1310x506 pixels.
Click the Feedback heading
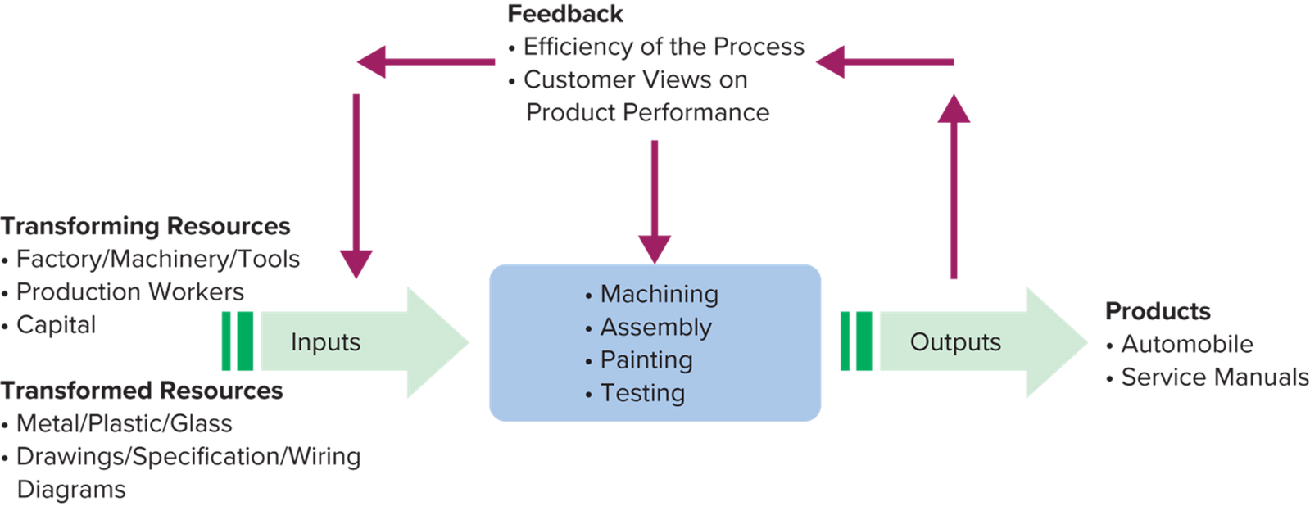(565, 15)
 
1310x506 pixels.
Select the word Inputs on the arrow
(325, 341)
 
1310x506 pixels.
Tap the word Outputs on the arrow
(955, 341)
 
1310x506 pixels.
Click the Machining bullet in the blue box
(659, 294)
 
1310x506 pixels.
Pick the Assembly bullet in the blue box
(655, 328)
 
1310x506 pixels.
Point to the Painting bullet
(646, 360)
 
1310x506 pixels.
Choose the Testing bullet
(642, 393)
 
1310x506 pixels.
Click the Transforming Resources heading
(146, 226)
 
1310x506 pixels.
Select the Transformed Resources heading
(142, 391)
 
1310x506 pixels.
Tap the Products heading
(1157, 311)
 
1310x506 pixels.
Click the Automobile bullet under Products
(1186, 344)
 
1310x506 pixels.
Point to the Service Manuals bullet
(1214, 377)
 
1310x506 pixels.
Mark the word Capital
(56, 325)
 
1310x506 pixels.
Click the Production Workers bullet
(129, 292)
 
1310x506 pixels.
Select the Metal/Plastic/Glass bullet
(124, 424)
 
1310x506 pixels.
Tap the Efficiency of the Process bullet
(664, 47)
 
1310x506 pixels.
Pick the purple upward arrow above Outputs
(954, 188)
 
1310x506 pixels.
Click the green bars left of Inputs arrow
(238, 341)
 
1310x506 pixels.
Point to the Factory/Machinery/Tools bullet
(157, 260)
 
